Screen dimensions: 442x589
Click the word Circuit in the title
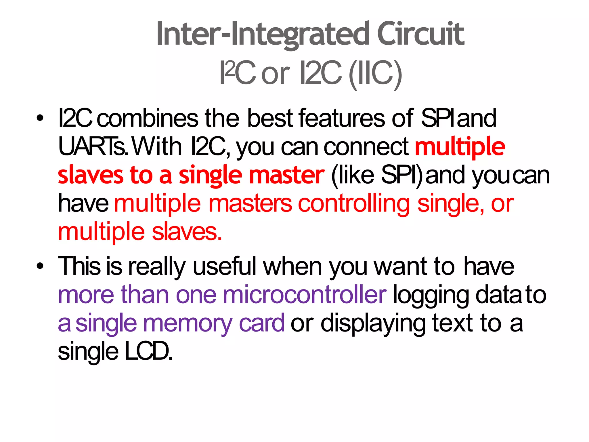[420, 34]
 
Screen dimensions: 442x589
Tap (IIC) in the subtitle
[375, 74]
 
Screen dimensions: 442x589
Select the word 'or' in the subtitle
[275, 74]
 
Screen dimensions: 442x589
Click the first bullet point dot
[40, 118]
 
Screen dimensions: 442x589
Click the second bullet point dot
[40, 266]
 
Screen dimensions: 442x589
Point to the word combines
[148, 118]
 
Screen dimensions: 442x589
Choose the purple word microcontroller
[305, 295]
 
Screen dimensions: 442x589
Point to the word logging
[431, 295]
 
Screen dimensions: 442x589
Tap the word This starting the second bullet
[79, 266]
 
